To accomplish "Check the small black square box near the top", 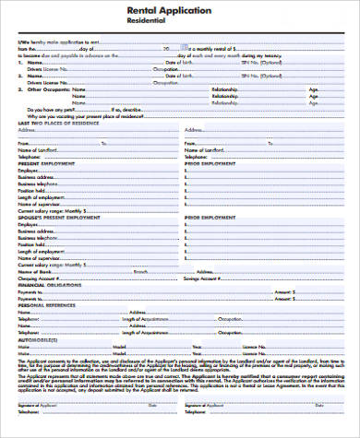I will (187, 44).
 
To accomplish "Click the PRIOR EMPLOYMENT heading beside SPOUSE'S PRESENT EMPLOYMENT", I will (207, 217).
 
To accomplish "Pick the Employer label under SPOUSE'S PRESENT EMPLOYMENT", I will (28, 223).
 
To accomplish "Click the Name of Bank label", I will (33, 270).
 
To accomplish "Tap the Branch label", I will (140, 270).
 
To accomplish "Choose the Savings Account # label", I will (207, 278).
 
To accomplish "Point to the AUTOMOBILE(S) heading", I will (36, 340).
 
